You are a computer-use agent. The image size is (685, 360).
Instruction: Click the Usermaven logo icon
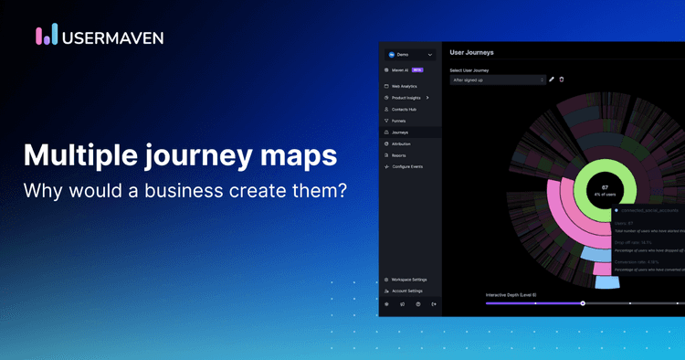pyautogui.click(x=47, y=35)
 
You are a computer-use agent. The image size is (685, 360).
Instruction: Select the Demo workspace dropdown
pyautogui.click(x=410, y=55)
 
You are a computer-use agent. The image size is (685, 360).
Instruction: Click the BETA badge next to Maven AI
pyautogui.click(x=416, y=69)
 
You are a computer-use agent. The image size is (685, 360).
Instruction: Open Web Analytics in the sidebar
pyautogui.click(x=404, y=86)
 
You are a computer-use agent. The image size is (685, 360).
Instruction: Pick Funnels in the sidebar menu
pyautogui.click(x=398, y=121)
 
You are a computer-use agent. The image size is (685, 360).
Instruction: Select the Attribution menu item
pyautogui.click(x=401, y=143)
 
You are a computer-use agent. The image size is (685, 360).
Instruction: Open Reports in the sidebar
pyautogui.click(x=398, y=155)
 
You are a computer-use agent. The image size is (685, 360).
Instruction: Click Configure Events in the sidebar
pyautogui.click(x=406, y=166)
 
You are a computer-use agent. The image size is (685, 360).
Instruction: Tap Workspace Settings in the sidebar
pyautogui.click(x=408, y=280)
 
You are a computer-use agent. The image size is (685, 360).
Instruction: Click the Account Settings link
pyautogui.click(x=406, y=291)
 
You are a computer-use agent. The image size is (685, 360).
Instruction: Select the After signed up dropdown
pyautogui.click(x=498, y=79)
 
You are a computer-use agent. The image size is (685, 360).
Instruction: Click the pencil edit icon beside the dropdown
pyautogui.click(x=552, y=79)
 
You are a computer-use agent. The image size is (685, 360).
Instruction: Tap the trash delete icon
pyautogui.click(x=562, y=79)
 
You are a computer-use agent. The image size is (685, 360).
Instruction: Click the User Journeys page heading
pyautogui.click(x=471, y=52)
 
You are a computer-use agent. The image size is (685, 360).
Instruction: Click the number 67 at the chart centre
pyautogui.click(x=605, y=187)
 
